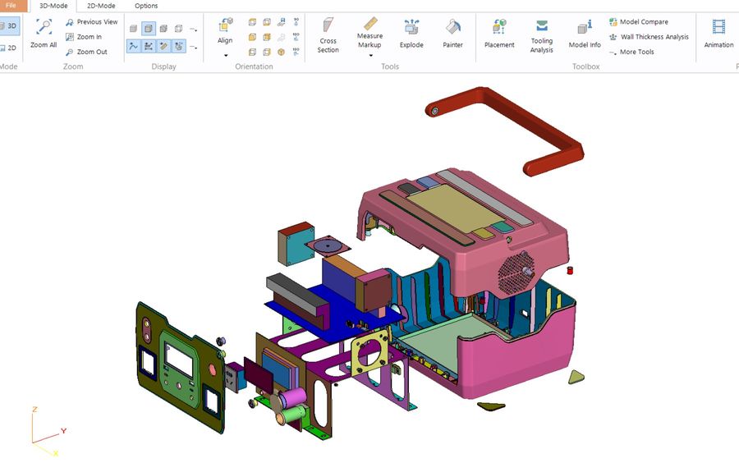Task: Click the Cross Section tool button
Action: (328, 34)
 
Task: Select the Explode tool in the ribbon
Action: (411, 33)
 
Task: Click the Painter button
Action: (453, 33)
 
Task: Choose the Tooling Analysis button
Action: (542, 36)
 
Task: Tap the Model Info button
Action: (585, 34)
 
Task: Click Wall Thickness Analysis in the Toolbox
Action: (649, 37)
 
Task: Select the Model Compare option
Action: (639, 21)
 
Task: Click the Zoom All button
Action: (44, 33)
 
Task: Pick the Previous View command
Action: (92, 21)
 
